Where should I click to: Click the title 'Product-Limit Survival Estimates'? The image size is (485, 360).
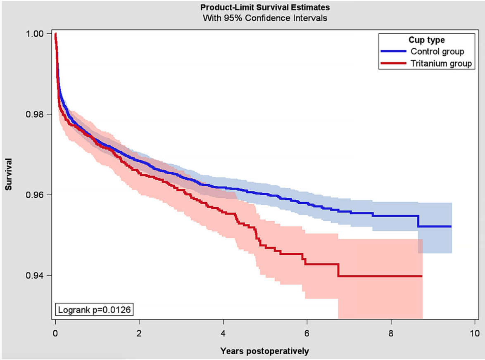(264, 7)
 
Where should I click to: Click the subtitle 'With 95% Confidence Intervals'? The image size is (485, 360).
(264, 18)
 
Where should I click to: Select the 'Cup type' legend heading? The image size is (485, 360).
(426, 40)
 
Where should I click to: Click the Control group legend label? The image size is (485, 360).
(437, 52)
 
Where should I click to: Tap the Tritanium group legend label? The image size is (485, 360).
(441, 64)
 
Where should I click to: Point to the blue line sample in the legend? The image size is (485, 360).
(394, 52)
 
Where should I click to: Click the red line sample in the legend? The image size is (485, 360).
(394, 64)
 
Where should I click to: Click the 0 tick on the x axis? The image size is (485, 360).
(55, 333)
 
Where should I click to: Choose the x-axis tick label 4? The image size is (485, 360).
(223, 333)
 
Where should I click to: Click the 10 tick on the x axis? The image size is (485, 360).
(475, 333)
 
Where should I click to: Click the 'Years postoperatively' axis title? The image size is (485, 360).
(264, 351)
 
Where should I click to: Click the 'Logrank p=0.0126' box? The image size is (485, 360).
(95, 308)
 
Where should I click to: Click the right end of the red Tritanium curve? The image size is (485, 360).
(422, 276)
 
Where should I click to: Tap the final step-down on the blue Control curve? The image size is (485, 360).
(418, 221)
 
